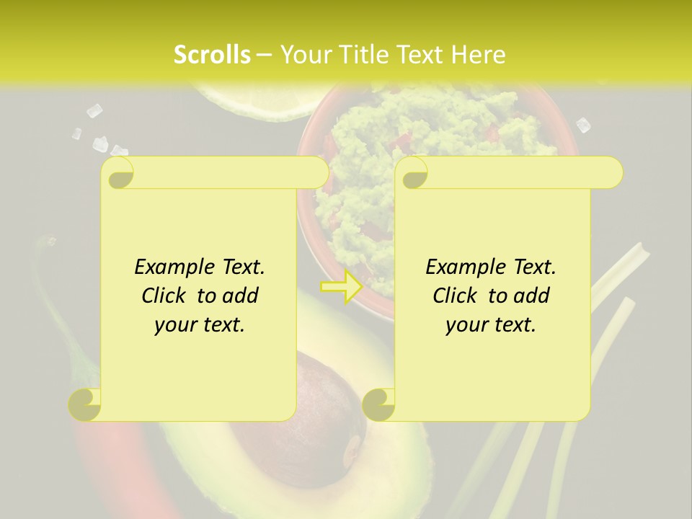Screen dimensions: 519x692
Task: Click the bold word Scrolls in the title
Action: click(213, 54)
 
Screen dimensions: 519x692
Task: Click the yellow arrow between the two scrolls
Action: click(341, 287)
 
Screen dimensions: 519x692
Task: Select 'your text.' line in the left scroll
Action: click(200, 324)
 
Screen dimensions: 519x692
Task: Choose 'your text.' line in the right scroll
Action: click(491, 324)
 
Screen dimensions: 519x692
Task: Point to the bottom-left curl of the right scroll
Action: click(379, 404)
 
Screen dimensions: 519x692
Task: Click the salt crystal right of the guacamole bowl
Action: click(583, 125)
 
